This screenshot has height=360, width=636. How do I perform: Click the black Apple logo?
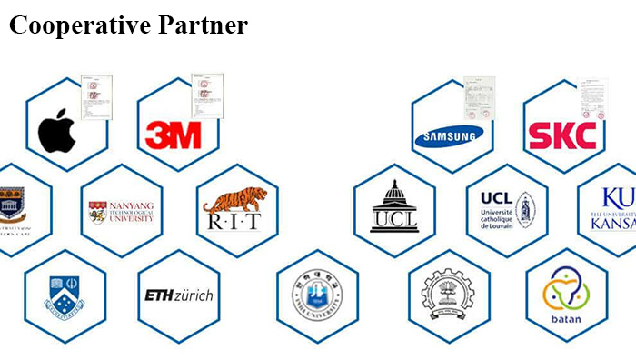[x=57, y=133]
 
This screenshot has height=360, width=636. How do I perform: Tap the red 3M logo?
[x=174, y=135]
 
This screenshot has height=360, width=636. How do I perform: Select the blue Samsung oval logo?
[x=449, y=137]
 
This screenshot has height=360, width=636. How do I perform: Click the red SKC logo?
[x=562, y=136]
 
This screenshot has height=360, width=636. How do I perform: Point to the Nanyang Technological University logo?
[x=121, y=212]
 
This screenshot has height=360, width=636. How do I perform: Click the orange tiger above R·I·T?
[x=234, y=199]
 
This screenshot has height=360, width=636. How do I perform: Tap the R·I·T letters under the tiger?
[x=234, y=223]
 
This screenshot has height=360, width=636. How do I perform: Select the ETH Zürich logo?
[x=179, y=295]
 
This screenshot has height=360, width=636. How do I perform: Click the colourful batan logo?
[x=566, y=292]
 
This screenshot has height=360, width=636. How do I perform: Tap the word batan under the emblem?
[x=566, y=319]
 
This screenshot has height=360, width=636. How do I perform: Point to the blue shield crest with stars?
[x=65, y=296]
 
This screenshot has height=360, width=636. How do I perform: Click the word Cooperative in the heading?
[x=68, y=25]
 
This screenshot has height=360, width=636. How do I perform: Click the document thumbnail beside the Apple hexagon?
[x=95, y=96]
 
